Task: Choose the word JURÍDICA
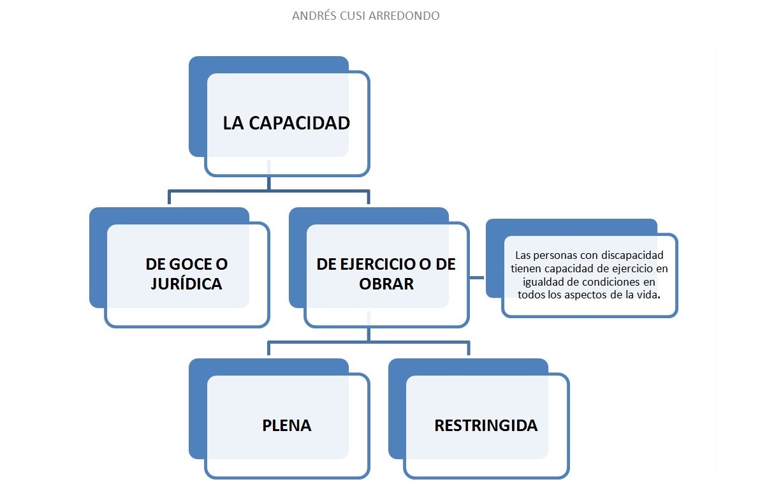pyautogui.click(x=186, y=284)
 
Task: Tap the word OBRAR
pyautogui.click(x=386, y=284)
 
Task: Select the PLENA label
pyautogui.click(x=287, y=425)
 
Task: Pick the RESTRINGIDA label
pyautogui.click(x=486, y=425)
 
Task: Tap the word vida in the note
pyautogui.click(x=649, y=295)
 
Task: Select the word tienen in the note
pyautogui.click(x=527, y=268)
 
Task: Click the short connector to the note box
pyautogui.click(x=478, y=277)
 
